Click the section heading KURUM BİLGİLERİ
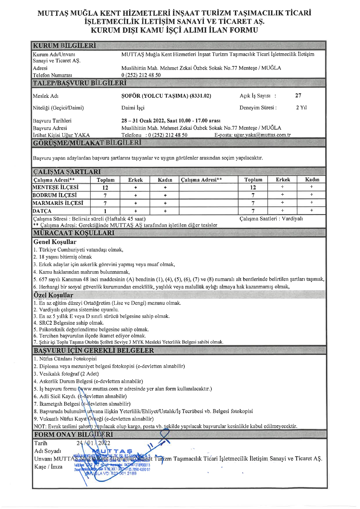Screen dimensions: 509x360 (x=64, y=45)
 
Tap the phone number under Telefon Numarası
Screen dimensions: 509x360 (x=141, y=75)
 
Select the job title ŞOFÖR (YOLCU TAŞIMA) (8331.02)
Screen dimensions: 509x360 (x=166, y=96)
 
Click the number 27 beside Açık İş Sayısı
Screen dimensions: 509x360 (x=298, y=95)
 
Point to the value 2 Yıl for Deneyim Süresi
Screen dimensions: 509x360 (x=301, y=107)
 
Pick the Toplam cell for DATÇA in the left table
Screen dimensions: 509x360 (x=105, y=211)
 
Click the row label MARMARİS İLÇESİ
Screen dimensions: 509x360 (x=58, y=203)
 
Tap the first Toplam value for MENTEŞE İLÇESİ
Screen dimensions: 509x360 (x=105, y=188)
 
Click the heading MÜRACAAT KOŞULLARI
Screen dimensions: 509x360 (x=74, y=233)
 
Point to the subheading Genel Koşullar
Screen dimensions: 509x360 (x=55, y=242)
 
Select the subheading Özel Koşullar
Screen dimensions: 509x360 (x=53, y=295)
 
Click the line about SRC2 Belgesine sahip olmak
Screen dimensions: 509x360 (x=71, y=323)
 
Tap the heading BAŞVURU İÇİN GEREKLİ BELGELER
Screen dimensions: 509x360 (x=94, y=350)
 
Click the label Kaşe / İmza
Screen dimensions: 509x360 (x=48, y=467)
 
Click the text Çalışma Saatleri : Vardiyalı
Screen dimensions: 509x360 (x=271, y=219)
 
